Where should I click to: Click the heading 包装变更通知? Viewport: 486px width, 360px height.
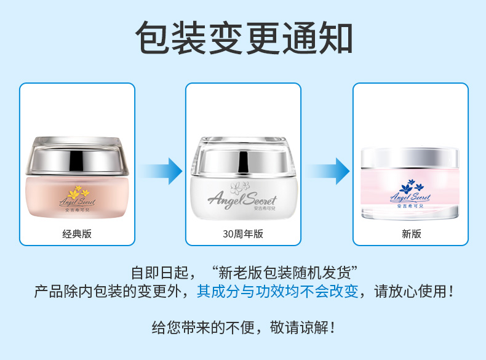(x=244, y=38)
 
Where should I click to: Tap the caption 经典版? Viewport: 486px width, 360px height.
(x=77, y=234)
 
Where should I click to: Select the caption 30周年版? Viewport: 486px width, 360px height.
(x=243, y=234)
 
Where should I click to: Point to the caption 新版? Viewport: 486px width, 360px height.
(x=412, y=234)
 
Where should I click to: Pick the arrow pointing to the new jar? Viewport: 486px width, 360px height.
(x=328, y=171)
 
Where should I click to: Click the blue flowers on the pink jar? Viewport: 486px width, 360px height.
(x=412, y=186)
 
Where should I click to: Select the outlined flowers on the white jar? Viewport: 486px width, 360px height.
(x=240, y=187)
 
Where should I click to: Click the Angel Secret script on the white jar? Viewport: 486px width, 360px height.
(x=242, y=199)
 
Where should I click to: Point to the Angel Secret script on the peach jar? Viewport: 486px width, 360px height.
(x=77, y=202)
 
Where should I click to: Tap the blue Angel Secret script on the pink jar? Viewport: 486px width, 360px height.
(x=410, y=197)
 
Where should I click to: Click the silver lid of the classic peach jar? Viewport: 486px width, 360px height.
(x=77, y=156)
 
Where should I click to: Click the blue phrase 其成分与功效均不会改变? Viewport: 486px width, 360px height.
(x=277, y=292)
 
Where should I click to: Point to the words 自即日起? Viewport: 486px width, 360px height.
(x=160, y=273)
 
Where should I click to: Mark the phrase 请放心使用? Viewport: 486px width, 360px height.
(x=410, y=292)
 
